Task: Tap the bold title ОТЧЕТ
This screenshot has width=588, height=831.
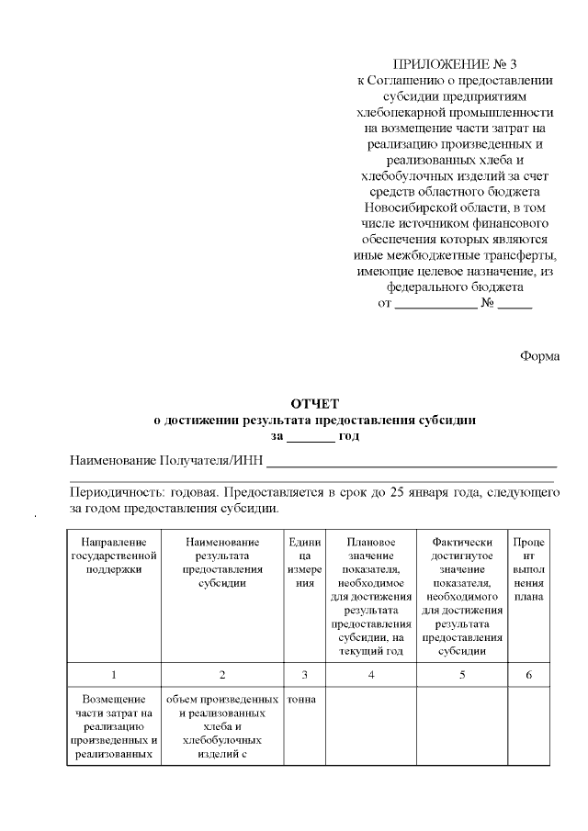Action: [315, 403]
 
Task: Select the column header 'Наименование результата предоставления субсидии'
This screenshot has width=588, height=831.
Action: [221, 563]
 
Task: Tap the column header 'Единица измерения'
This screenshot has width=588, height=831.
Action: [303, 563]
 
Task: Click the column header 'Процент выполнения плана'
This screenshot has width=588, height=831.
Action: [528, 569]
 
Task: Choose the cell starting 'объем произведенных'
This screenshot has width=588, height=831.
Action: [221, 726]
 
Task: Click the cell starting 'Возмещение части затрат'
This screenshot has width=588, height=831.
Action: [112, 726]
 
